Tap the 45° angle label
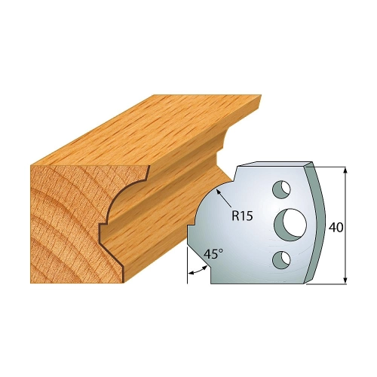pyautogui.click(x=213, y=255)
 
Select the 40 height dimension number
pyautogui.click(x=336, y=228)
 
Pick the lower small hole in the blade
pyautogui.click(x=281, y=259)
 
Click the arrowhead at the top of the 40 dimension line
pyautogui.click(x=345, y=170)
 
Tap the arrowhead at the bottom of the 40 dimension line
pyautogui.click(x=345, y=280)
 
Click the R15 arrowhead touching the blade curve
pyautogui.click(x=219, y=192)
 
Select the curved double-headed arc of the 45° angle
pyautogui.click(x=198, y=271)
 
